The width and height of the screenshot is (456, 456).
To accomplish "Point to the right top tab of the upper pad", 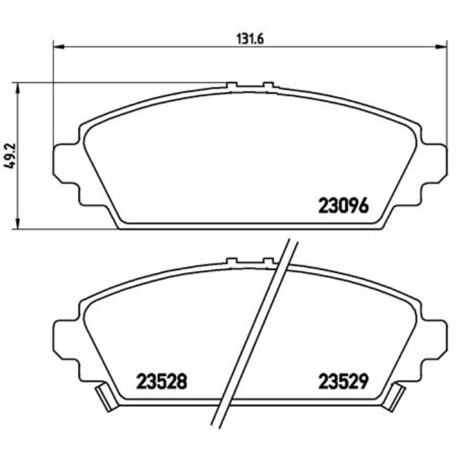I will click(267, 86).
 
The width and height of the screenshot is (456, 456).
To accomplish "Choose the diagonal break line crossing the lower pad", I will click(260, 330).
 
